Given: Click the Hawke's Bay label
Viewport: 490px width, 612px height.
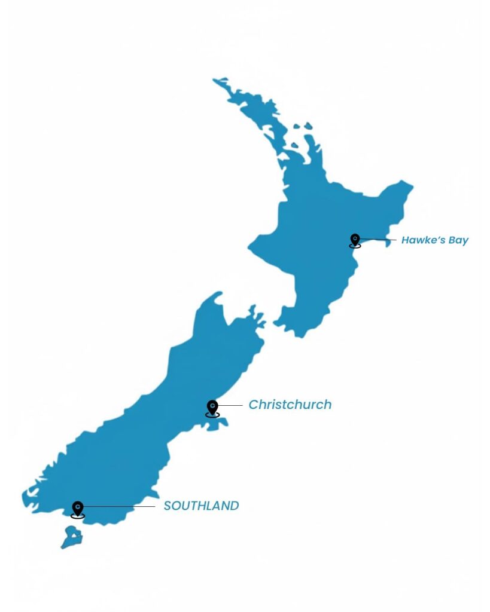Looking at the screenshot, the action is pyautogui.click(x=434, y=240).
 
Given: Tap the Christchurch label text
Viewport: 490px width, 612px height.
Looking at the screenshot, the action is pyautogui.click(x=290, y=405).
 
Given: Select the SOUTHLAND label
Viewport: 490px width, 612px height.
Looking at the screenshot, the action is pyautogui.click(x=201, y=506).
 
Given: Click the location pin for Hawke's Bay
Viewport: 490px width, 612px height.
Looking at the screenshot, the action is pyautogui.click(x=355, y=240).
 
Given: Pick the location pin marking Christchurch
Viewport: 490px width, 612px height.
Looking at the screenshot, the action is pyautogui.click(x=212, y=408).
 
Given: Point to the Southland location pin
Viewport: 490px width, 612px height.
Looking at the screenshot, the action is pyautogui.click(x=77, y=509).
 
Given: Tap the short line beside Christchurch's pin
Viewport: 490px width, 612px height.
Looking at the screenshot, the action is pyautogui.click(x=232, y=405).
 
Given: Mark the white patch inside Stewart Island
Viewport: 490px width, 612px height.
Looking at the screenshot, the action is pyautogui.click(x=74, y=535).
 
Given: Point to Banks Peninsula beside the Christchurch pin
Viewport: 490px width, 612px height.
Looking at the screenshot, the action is pyautogui.click(x=220, y=423).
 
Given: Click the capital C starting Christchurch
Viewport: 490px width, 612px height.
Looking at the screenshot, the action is pyautogui.click(x=254, y=405).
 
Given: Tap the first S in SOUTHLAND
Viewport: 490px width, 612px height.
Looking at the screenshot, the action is pyautogui.click(x=168, y=506).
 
